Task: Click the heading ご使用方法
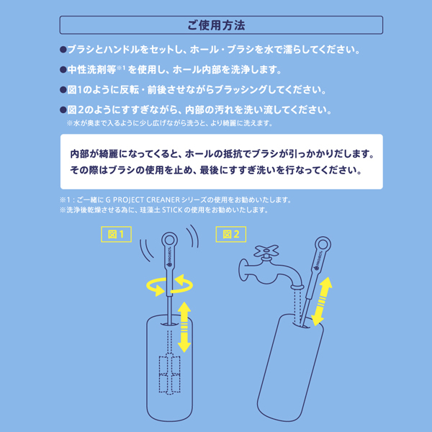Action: coord(216,25)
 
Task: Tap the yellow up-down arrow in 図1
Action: coord(184,326)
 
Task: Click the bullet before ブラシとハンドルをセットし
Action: coord(63,50)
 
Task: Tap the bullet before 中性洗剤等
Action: coord(63,71)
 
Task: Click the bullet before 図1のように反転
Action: coord(63,91)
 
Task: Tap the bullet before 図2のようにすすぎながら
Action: coord(63,111)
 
